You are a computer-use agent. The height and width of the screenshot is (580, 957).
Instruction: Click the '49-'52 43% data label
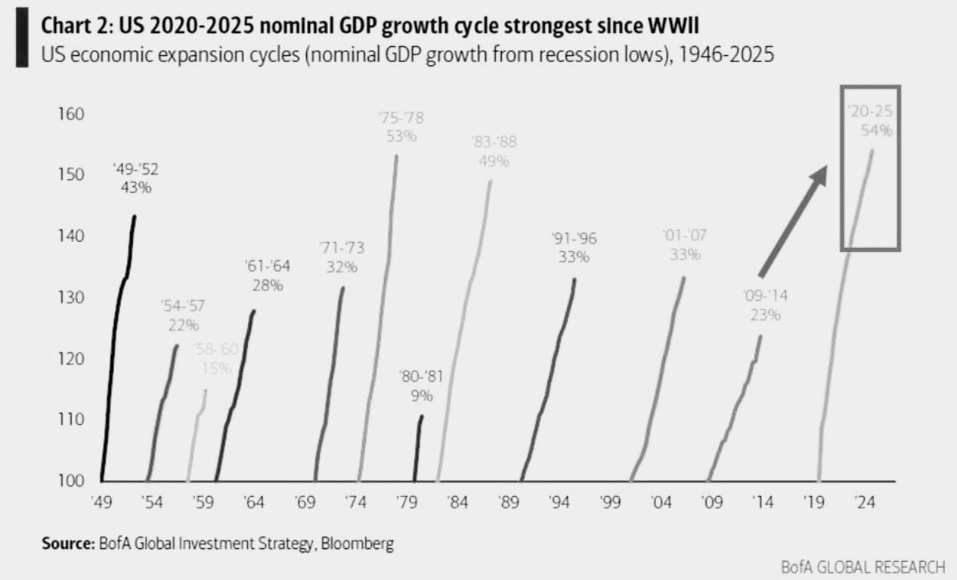click(x=136, y=178)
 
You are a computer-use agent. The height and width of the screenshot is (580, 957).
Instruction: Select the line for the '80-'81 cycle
click(x=418, y=446)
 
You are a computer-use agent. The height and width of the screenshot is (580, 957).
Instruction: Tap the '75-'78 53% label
click(x=401, y=126)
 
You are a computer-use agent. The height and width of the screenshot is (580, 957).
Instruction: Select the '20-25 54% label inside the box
click(x=871, y=121)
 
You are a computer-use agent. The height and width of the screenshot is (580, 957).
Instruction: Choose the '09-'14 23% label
click(x=765, y=306)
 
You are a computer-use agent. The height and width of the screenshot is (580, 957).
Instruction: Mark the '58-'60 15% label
click(x=216, y=358)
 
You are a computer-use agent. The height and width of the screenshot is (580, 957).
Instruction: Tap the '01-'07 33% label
click(x=685, y=245)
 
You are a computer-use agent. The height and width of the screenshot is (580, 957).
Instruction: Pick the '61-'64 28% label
click(x=268, y=275)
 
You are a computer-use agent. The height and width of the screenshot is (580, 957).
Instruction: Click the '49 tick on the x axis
click(x=102, y=501)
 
